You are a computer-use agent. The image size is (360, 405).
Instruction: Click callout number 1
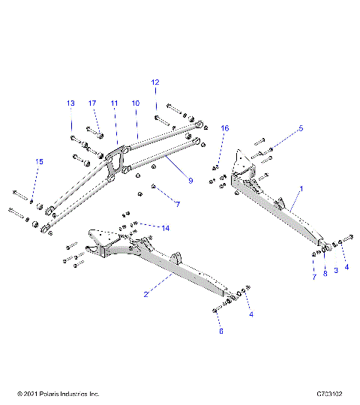(x=302, y=190)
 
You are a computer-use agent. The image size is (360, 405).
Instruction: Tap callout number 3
(x=335, y=268)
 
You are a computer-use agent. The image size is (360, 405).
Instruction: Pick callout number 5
(x=301, y=128)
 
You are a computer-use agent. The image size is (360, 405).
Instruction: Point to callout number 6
(x=220, y=330)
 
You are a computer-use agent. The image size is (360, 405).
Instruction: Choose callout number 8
(x=325, y=274)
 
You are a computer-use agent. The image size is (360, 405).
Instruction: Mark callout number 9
(x=190, y=180)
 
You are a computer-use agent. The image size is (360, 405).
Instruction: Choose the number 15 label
(x=40, y=161)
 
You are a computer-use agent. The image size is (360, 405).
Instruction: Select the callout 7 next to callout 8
(x=313, y=277)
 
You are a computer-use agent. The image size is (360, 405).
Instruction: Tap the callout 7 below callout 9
(x=177, y=204)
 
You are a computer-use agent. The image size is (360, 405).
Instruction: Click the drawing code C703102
(x=329, y=394)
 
